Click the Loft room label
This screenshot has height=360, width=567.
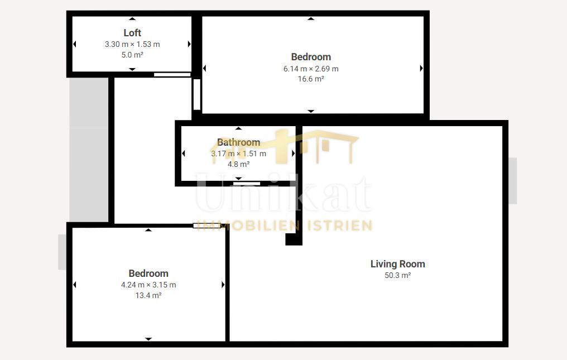click(x=132, y=33)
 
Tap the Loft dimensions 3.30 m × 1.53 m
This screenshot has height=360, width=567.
click(x=132, y=44)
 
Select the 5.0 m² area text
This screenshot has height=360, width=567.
click(x=132, y=55)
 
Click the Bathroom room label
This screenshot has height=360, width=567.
click(x=239, y=142)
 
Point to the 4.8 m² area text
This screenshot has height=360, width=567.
click(x=239, y=164)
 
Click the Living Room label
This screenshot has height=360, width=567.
click(x=398, y=264)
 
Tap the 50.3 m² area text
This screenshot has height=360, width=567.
click(x=398, y=275)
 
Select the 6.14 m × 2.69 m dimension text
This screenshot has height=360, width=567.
click(x=311, y=69)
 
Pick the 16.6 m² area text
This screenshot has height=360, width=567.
click(x=311, y=79)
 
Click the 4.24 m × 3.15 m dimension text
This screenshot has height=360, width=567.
click(x=148, y=285)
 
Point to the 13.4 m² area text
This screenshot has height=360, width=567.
click(x=148, y=295)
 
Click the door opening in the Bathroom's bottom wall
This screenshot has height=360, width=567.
click(x=247, y=184)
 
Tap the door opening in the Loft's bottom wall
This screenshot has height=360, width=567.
click(x=172, y=75)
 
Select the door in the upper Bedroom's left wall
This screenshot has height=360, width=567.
click(x=196, y=94)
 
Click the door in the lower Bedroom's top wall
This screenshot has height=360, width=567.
click(x=206, y=226)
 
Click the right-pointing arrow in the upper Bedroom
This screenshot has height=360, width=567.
click(x=421, y=69)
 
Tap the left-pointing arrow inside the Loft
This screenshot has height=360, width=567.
click(x=74, y=44)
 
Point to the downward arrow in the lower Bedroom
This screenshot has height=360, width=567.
click(x=148, y=339)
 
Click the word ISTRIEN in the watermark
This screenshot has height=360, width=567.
click(x=339, y=226)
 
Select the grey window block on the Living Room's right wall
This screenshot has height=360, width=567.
click(x=513, y=181)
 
